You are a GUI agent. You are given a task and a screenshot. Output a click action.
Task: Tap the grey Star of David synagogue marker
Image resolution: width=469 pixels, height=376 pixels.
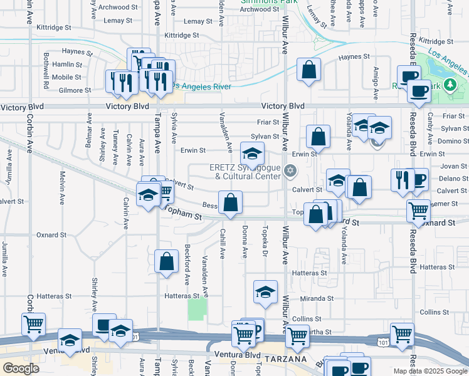click(x=290, y=170)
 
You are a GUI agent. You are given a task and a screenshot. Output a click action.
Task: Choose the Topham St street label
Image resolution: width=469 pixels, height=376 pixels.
click(x=184, y=215)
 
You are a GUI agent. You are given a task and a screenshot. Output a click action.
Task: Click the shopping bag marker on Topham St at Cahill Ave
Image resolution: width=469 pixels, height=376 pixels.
click(x=231, y=202)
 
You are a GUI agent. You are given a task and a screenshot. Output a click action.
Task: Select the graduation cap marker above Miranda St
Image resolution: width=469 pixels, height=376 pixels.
click(x=266, y=291)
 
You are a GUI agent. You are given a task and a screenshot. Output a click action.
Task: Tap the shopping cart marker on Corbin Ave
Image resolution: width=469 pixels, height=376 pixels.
click(x=33, y=325)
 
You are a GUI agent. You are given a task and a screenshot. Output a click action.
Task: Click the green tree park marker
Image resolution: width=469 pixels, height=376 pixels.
click(x=449, y=85)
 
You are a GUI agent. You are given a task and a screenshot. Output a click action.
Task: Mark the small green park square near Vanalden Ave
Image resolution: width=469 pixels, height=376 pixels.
click(x=197, y=309)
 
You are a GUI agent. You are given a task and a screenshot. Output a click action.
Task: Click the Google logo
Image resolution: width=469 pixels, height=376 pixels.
click(x=21, y=369)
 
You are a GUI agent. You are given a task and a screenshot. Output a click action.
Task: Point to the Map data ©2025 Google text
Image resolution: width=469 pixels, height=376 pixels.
click(x=429, y=371)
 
